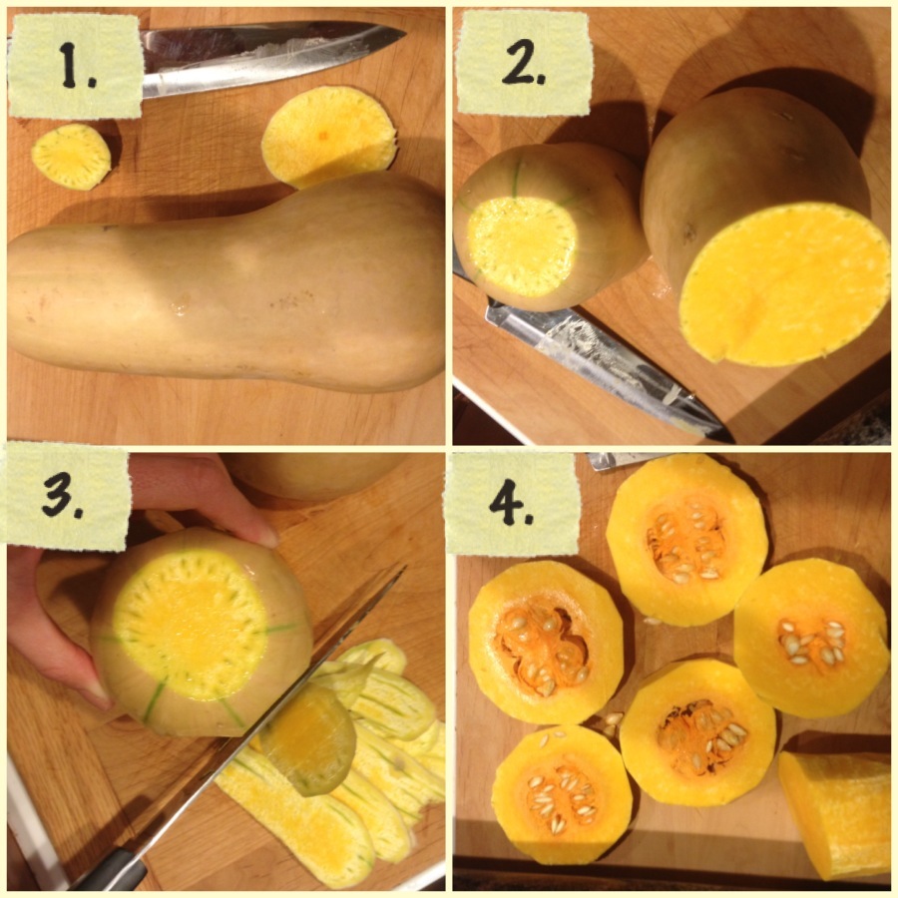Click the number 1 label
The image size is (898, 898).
tap(75, 66)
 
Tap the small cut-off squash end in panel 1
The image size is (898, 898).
tap(71, 157)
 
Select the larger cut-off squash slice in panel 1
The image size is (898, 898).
tap(328, 137)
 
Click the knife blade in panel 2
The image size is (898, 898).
tap(602, 366)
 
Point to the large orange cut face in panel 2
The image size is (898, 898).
tap(783, 284)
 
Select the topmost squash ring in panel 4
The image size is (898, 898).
tap(686, 540)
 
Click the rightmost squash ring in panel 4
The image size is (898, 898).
tap(811, 638)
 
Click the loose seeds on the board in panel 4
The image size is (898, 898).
tap(612, 722)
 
